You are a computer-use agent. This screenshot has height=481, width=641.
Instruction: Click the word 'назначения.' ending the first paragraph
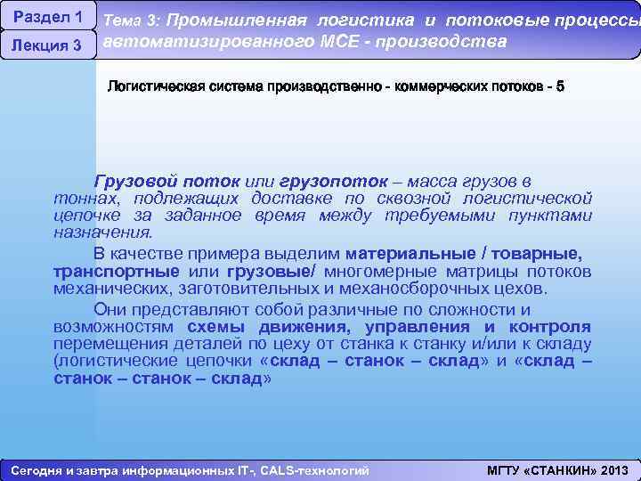coord(103,232)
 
